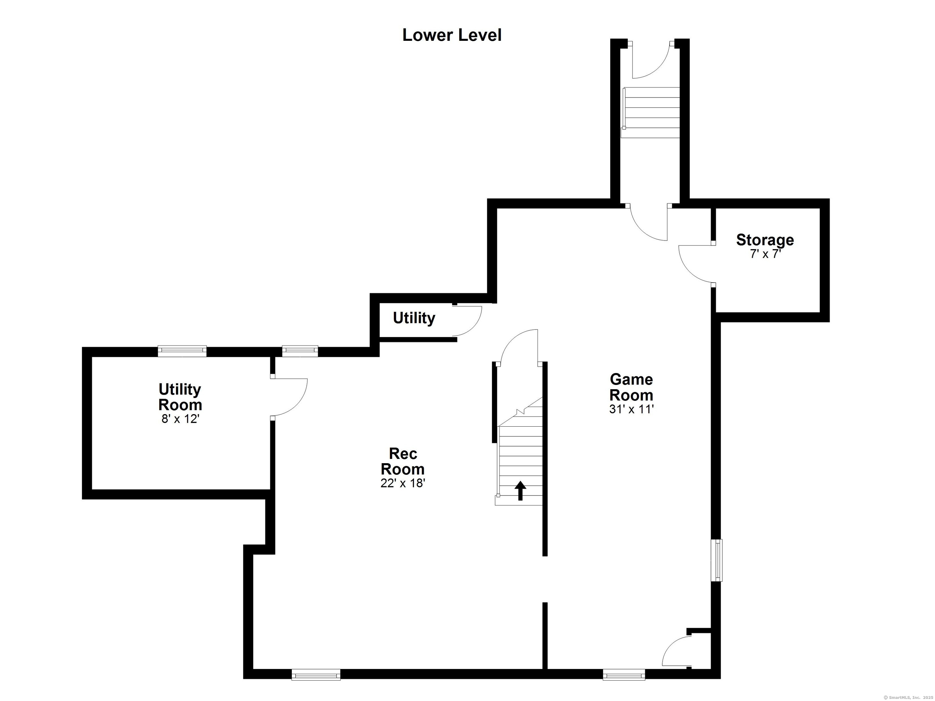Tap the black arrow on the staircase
(520, 491)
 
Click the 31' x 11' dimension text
(631, 409)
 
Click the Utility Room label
(180, 397)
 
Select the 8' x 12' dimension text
(180, 419)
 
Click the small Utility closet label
(414, 318)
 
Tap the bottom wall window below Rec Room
(316, 675)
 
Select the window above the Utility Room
(182, 351)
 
